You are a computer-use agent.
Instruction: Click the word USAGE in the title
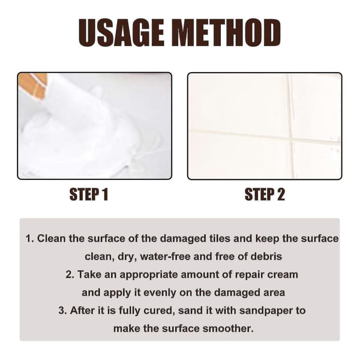(x=122, y=32)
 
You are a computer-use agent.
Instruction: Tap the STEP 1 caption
(x=89, y=194)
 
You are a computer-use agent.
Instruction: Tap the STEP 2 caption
(x=265, y=194)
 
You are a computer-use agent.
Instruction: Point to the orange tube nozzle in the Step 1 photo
(x=33, y=85)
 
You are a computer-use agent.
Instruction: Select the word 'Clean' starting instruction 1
(x=51, y=238)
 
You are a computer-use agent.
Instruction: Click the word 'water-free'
(x=165, y=256)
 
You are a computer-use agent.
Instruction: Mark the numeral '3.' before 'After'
(x=62, y=310)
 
